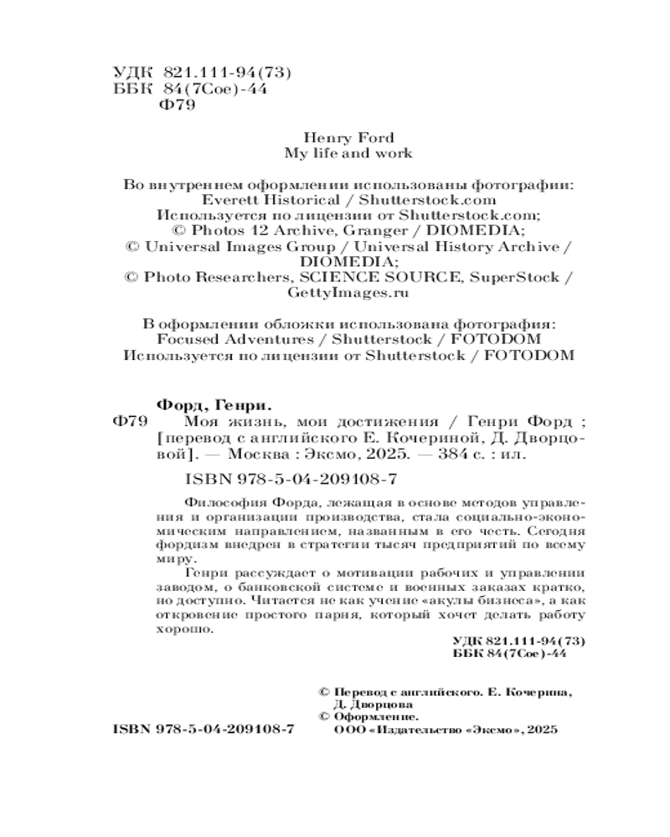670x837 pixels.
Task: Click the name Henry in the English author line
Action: click(x=322, y=137)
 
